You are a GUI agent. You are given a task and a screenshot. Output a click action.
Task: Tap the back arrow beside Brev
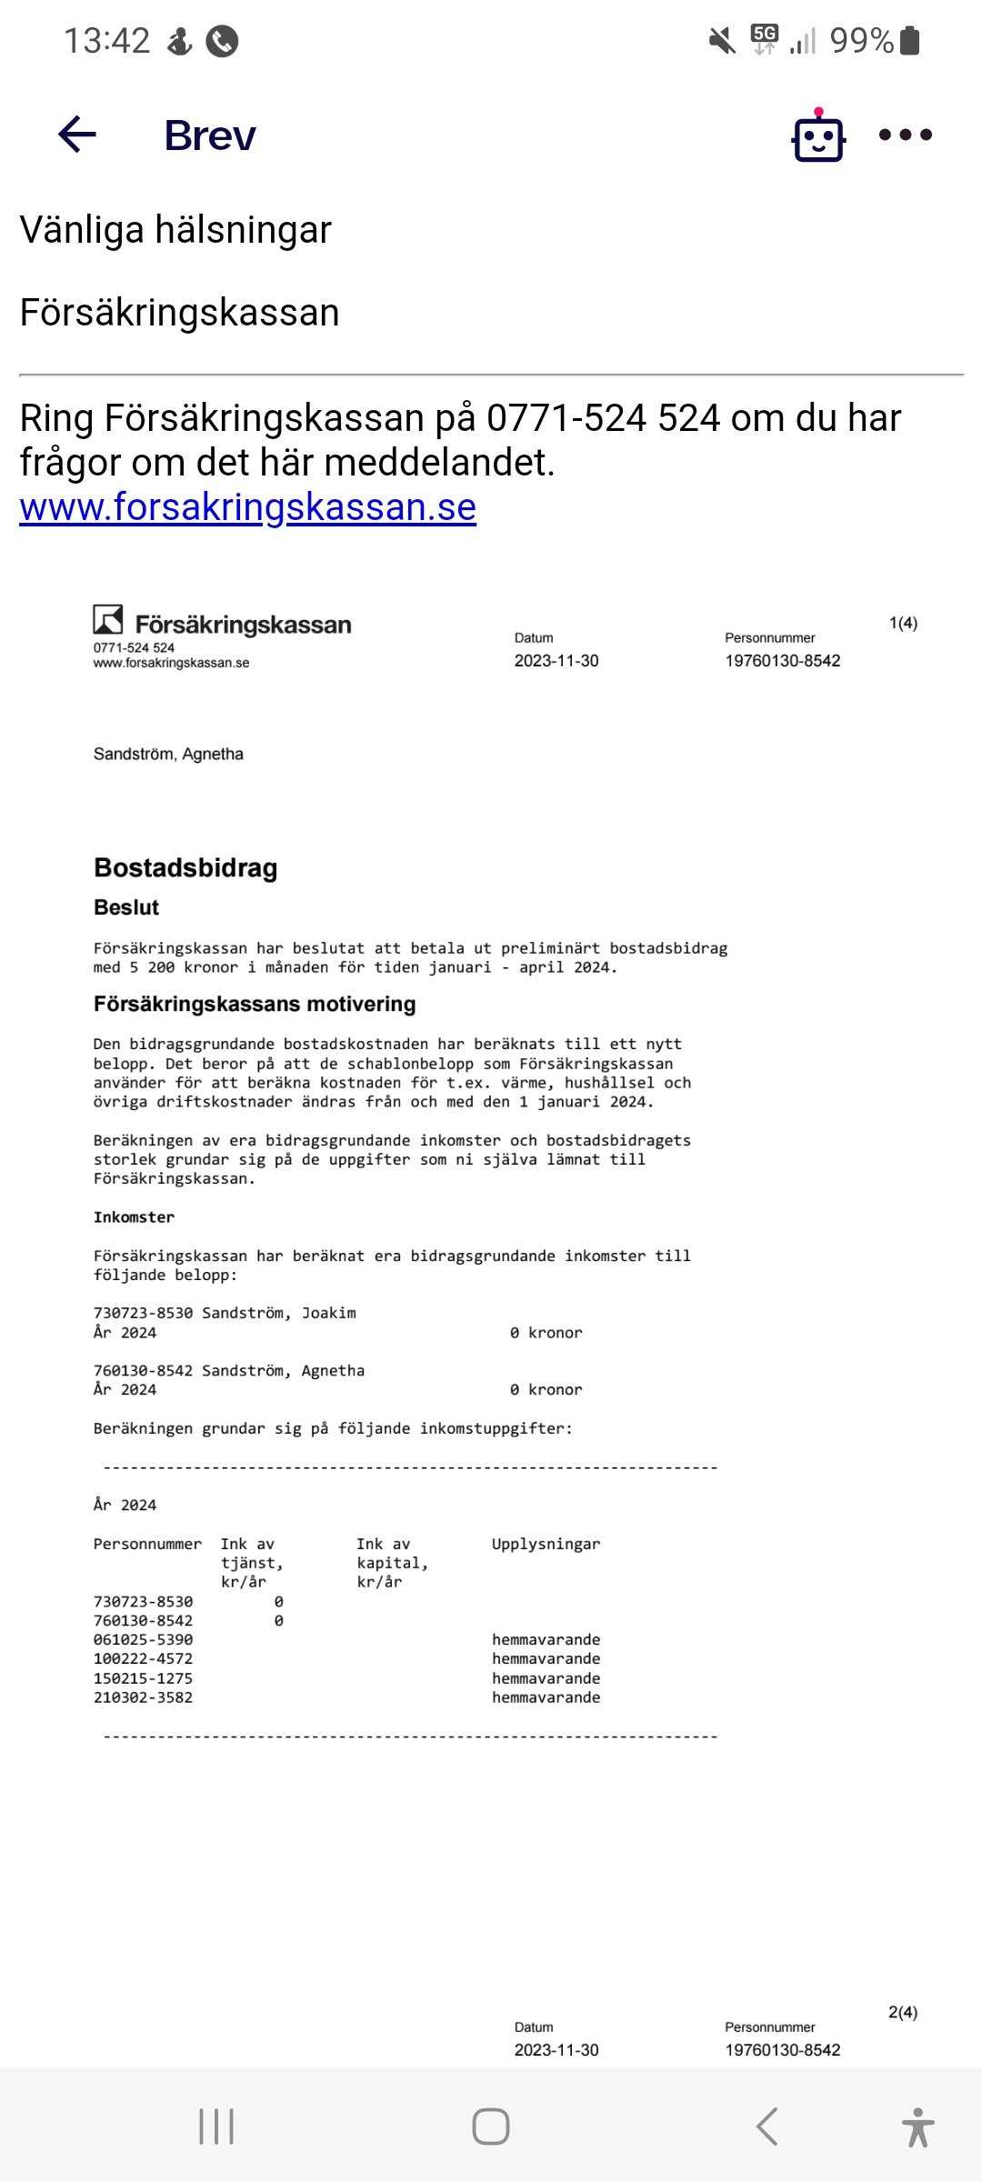77,135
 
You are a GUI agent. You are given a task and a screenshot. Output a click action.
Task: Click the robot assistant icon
818,136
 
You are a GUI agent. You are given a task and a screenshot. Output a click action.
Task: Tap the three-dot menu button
905,135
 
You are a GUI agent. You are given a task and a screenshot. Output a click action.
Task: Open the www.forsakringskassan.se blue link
247,507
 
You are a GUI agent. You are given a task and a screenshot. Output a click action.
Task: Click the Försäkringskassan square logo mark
108,620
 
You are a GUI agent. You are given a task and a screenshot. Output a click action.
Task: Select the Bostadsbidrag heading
185,868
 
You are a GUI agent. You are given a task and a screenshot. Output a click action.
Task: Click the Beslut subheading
126,907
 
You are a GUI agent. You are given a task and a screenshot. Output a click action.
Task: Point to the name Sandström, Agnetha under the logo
168,754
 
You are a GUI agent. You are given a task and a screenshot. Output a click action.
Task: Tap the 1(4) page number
903,623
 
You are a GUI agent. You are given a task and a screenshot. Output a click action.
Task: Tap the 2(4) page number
903,2012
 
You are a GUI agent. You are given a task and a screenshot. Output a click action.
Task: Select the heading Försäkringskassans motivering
255,1004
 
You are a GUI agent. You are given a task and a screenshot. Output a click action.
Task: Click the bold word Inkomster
134,1217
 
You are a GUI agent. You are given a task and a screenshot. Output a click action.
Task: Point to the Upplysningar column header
546,1544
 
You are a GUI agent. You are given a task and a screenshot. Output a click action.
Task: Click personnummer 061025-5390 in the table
143,1639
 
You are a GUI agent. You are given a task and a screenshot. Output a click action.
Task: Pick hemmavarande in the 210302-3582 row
546,1697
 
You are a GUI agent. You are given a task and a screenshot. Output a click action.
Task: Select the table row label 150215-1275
143,1678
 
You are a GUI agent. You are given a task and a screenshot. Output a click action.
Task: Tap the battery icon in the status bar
909,40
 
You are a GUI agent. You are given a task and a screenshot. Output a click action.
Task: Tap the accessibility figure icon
917,2127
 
